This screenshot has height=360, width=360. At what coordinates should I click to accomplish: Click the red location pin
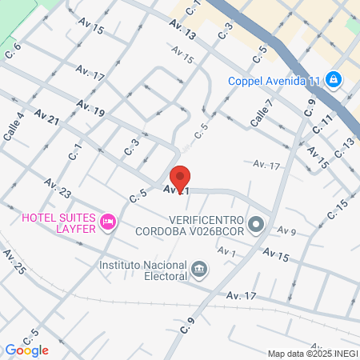pos(180,178)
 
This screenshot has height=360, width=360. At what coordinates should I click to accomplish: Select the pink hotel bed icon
pos(109,222)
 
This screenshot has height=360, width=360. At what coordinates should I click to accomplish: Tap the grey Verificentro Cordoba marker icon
pos(256,224)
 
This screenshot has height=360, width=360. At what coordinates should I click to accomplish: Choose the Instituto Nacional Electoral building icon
pos(200,270)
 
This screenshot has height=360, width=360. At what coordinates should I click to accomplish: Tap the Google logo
pos(26,350)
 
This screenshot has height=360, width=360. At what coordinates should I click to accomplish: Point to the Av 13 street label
pos(182,31)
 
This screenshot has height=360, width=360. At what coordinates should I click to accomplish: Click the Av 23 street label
pos(58,189)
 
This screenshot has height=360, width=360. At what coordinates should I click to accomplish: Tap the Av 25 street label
pos(14,262)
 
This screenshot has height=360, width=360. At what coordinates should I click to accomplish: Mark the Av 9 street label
pos(287,231)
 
